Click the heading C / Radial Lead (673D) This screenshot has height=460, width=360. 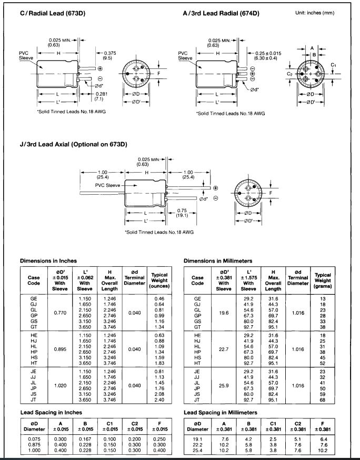[53, 13]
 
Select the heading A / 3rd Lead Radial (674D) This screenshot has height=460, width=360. [221, 13]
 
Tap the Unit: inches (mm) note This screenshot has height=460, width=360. [315, 13]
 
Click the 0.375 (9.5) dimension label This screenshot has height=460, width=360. [109, 55]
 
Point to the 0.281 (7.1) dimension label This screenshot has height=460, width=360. [101, 96]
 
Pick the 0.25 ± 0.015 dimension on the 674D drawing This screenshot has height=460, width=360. [268, 53]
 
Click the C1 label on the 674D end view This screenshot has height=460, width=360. [333, 65]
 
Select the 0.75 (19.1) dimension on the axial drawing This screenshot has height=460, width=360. [182, 213]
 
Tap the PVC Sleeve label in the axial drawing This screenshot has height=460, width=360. [107, 185]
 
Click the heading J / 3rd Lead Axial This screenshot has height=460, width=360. [73, 144]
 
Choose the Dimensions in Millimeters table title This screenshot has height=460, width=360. [218, 261]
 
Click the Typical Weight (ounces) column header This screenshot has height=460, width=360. [159, 281]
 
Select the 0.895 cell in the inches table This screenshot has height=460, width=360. [60, 349]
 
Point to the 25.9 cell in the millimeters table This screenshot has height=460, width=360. [224, 385]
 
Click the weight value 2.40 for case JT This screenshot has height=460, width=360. [159, 399]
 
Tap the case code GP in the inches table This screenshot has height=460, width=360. [34, 315]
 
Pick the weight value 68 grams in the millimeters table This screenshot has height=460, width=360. [323, 399]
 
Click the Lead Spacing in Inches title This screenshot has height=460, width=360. [51, 413]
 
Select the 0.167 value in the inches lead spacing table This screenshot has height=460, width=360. [85, 439]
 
